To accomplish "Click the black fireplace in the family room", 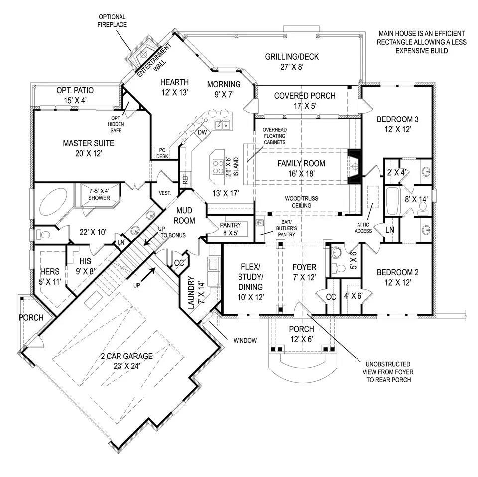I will point(355,167).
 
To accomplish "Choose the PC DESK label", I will point(162,152).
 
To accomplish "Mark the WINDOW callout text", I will point(245,341).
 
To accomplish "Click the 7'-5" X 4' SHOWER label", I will point(99,194).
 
